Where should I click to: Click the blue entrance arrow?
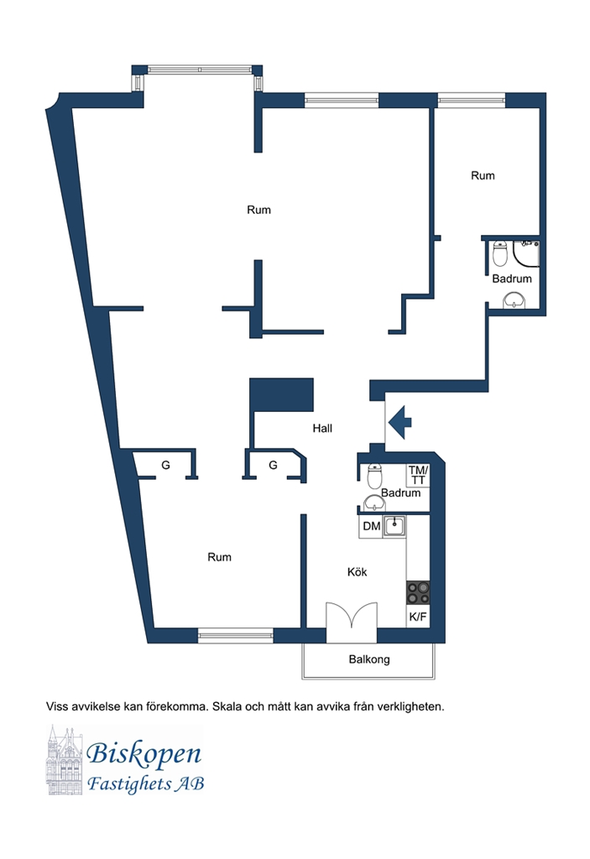(x=399, y=423)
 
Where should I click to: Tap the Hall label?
(x=322, y=429)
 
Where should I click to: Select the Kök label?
(x=357, y=572)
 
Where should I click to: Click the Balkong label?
(x=369, y=659)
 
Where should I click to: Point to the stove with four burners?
(x=418, y=592)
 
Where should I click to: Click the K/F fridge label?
(x=418, y=617)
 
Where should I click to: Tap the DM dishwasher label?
(x=371, y=526)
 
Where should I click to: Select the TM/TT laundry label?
(x=418, y=475)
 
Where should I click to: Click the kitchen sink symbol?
(x=394, y=527)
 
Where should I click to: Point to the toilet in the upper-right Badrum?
(x=499, y=253)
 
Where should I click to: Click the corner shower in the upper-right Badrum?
(x=526, y=253)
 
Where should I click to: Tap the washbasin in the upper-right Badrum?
(x=514, y=300)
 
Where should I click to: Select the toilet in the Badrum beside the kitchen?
(x=374, y=476)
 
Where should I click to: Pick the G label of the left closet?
(x=165, y=465)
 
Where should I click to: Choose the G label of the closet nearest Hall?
(x=273, y=465)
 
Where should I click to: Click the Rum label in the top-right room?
(x=483, y=176)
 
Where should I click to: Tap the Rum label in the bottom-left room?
(x=219, y=557)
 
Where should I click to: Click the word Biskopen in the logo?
(x=144, y=754)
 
